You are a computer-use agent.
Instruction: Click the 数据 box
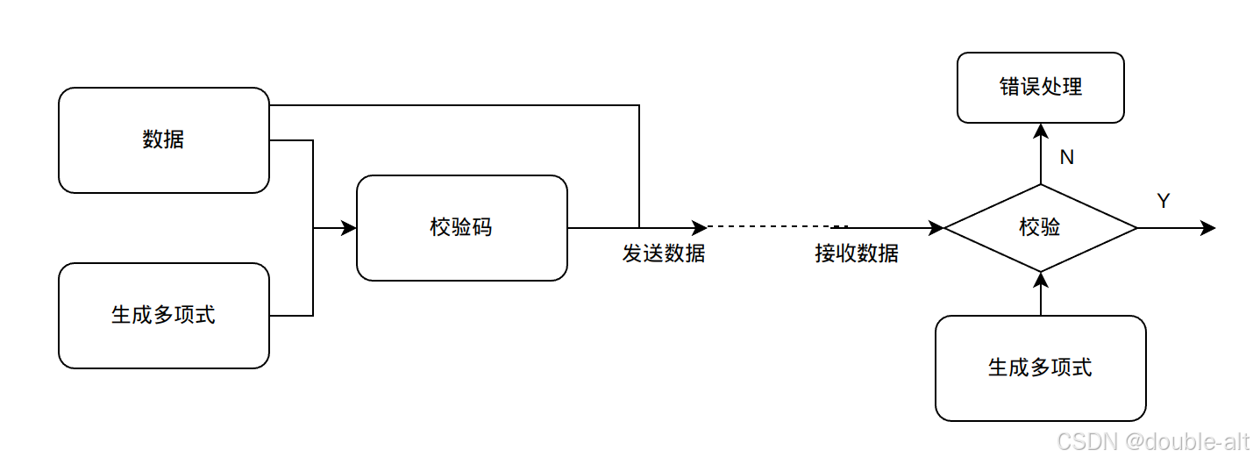click(163, 140)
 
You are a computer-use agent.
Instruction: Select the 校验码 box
click(461, 228)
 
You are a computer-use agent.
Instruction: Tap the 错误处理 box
click(1040, 88)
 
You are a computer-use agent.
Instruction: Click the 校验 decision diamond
click(1040, 228)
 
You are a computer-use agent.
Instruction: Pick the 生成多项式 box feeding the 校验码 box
click(163, 316)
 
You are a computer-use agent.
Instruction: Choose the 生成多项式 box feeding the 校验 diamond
click(1040, 368)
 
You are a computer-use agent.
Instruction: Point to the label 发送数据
click(664, 254)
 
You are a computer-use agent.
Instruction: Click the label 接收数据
click(857, 254)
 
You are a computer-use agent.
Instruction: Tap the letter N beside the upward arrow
click(1066, 158)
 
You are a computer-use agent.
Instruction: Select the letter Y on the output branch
click(1164, 202)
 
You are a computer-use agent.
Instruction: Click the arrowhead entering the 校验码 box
click(349, 228)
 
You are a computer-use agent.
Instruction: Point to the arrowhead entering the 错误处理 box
click(1040, 131)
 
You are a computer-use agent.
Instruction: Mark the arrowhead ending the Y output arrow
click(1208, 228)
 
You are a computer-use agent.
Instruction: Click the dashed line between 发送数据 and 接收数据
click(772, 228)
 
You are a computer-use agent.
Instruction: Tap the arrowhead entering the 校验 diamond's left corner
click(936, 228)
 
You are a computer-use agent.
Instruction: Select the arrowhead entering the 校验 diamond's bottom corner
click(1040, 280)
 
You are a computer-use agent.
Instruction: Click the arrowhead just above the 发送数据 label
click(699, 228)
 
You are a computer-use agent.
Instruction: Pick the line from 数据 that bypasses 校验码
click(456, 105)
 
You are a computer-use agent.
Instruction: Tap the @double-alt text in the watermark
click(1184, 443)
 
